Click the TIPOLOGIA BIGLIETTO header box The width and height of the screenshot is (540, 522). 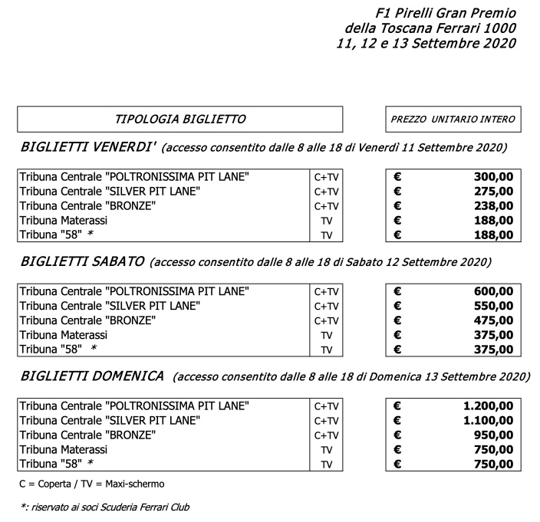tap(179, 119)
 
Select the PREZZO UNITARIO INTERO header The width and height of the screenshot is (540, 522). tap(453, 119)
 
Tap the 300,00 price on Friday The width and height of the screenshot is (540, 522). tap(493, 177)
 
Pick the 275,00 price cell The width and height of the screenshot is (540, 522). tap(493, 191)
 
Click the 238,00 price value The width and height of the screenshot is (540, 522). tap(493, 205)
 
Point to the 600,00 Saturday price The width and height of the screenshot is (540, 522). tap(493, 291)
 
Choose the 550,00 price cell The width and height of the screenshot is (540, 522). tap(493, 306)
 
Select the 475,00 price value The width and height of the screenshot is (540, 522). tap(493, 320)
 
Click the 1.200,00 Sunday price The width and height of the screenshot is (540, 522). tap(487, 406)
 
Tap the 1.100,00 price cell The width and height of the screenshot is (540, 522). tap(487, 421)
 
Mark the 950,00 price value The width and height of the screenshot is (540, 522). tap(493, 435)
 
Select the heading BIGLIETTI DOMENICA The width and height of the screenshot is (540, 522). tap(92, 376)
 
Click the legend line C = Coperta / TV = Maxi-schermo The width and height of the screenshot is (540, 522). tap(92, 484)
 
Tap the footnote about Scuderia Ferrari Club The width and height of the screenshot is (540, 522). tap(104, 507)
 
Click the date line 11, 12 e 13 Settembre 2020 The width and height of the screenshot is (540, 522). tap(425, 43)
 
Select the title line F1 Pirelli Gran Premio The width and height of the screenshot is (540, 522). tap(446, 13)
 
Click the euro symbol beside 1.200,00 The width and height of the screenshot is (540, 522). tap(397, 406)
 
